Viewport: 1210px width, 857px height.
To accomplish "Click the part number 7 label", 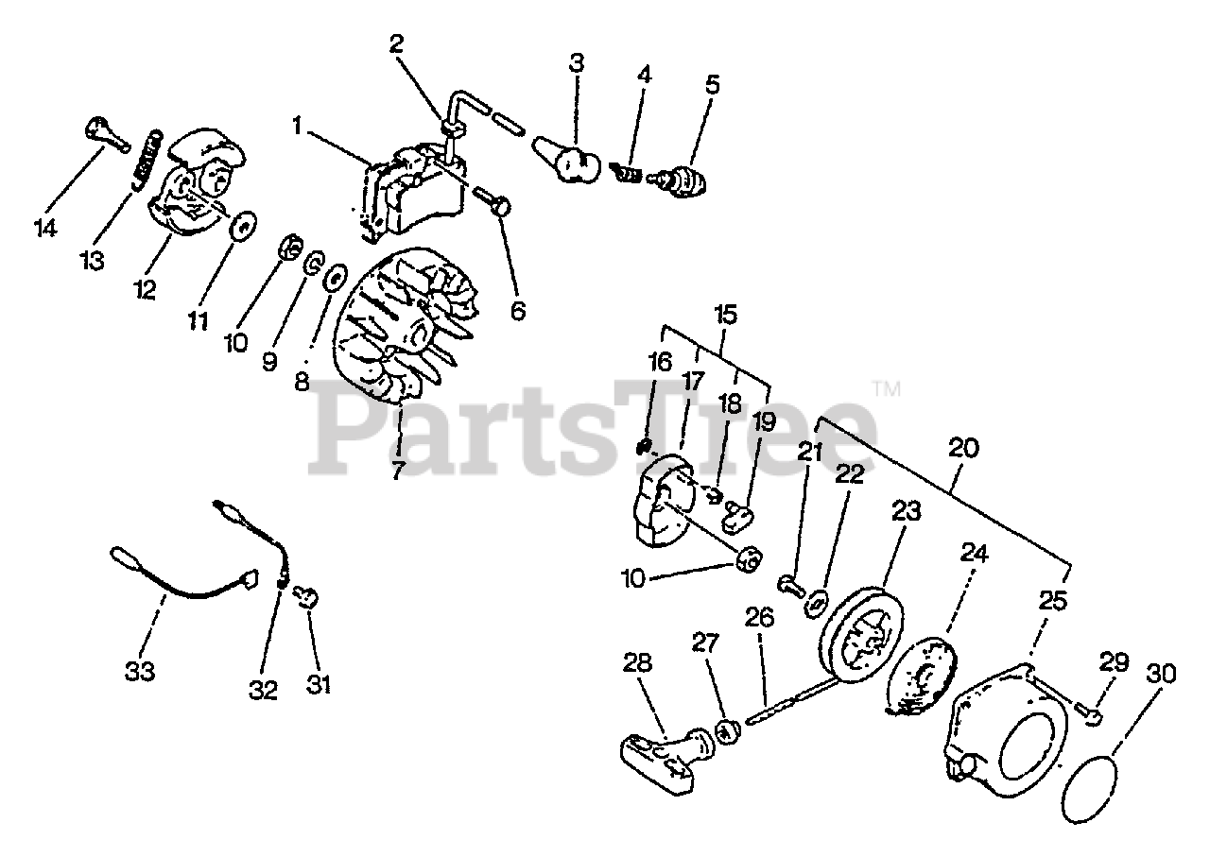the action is coord(397,469).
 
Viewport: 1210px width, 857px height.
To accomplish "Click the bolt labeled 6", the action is coord(492,198).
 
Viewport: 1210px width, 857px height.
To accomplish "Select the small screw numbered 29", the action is coord(1091,716).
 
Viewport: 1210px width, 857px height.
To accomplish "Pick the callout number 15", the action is coord(727,314).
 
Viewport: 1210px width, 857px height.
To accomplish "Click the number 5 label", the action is coord(712,85).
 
